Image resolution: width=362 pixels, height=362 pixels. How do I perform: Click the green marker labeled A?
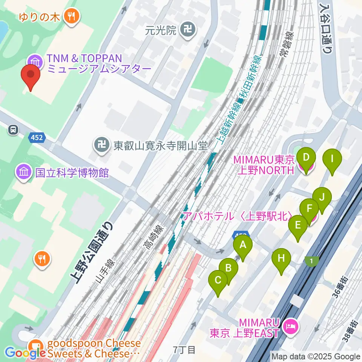(x=243, y=246)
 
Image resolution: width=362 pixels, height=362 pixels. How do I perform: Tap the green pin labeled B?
(x=228, y=268)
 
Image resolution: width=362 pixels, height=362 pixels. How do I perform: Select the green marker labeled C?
(x=218, y=281)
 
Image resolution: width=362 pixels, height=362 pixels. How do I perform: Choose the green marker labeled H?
(x=281, y=259)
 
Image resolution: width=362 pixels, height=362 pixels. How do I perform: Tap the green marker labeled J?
(x=322, y=197)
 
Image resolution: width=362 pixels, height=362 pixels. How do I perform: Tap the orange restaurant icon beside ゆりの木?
(x=71, y=16)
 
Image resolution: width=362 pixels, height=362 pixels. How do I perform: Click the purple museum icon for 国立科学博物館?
(x=23, y=173)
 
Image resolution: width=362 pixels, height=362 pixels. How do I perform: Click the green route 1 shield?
(x=311, y=261)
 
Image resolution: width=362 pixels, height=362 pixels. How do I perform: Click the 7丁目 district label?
(x=184, y=350)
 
